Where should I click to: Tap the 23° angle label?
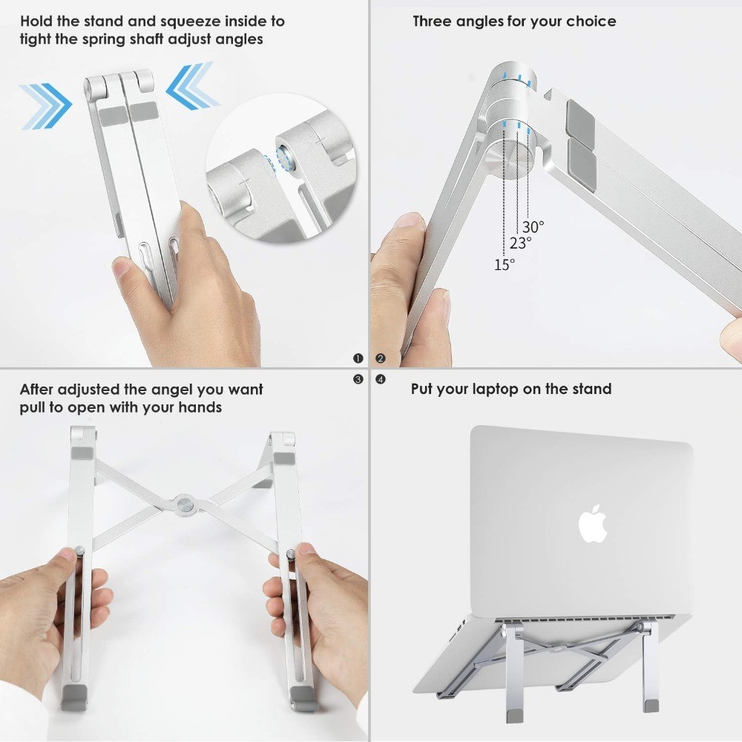(x=520, y=243)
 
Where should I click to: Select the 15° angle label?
(x=505, y=264)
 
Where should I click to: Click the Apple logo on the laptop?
(x=593, y=524)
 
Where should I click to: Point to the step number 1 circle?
(x=358, y=358)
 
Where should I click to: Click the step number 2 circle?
(x=381, y=358)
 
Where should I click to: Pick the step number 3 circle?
(x=358, y=379)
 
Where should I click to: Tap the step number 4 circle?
(x=381, y=379)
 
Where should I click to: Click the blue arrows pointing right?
(x=46, y=104)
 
